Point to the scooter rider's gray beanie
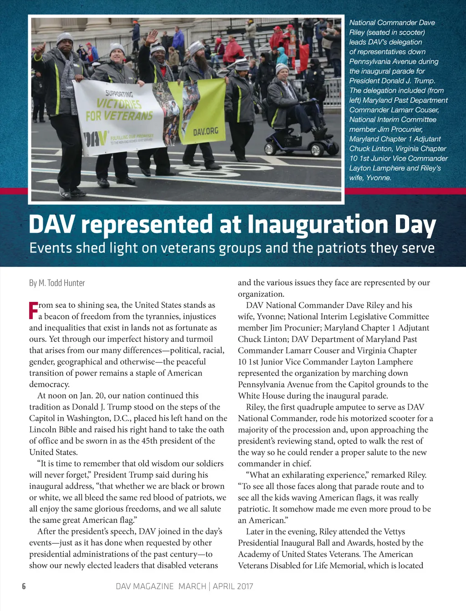coord(282,68)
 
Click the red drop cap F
coord(33,310)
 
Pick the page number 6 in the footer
coord(24,586)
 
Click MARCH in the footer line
coord(192,586)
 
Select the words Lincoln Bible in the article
coord(52,430)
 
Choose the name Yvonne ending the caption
coord(379,178)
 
